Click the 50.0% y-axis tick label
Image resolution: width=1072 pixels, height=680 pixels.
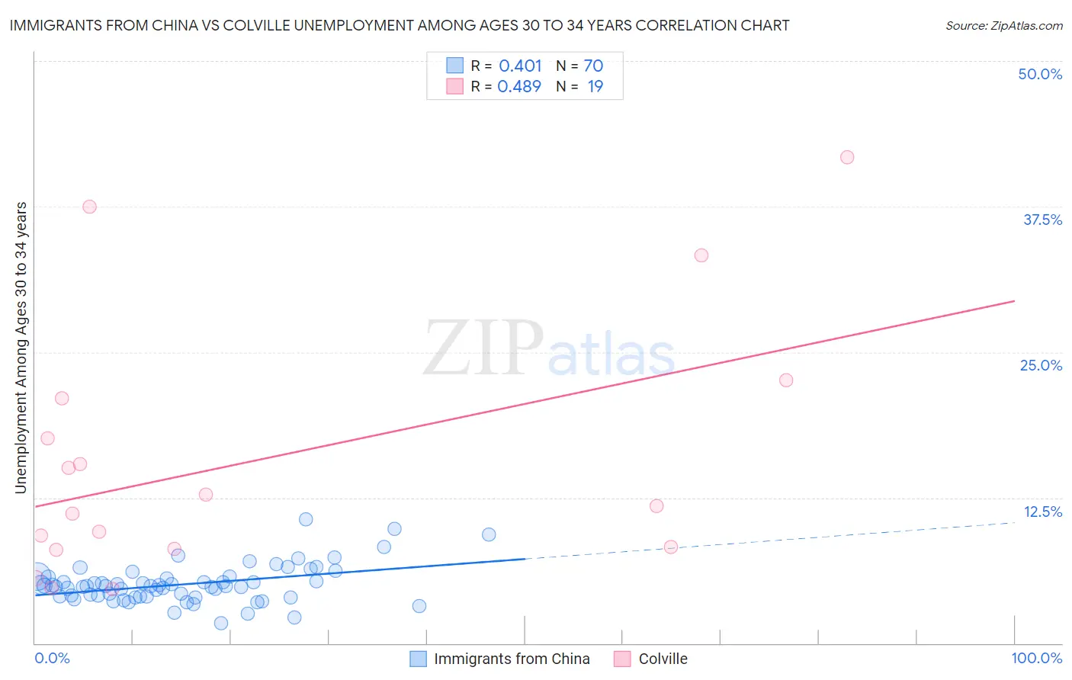pyautogui.click(x=1040, y=74)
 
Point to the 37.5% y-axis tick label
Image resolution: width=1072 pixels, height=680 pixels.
pyautogui.click(x=1042, y=220)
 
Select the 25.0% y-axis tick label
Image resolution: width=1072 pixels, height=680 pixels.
pyautogui.click(x=1041, y=365)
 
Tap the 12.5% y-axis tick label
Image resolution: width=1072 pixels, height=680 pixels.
pyautogui.click(x=1042, y=512)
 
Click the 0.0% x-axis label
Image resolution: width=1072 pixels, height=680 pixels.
pyautogui.click(x=52, y=658)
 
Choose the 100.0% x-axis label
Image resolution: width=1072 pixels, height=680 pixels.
pyautogui.click(x=1036, y=658)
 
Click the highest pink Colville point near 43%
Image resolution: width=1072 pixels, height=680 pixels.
pyautogui.click(x=847, y=157)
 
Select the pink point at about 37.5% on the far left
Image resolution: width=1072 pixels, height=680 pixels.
pyautogui.click(x=89, y=207)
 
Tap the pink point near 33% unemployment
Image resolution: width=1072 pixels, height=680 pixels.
pyautogui.click(x=701, y=255)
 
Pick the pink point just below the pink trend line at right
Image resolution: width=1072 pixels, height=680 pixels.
pyautogui.click(x=786, y=380)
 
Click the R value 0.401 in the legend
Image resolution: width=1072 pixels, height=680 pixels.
pyautogui.click(x=520, y=66)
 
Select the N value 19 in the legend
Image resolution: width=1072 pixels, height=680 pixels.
pyautogui.click(x=595, y=86)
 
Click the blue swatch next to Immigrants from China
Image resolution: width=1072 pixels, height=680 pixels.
pyautogui.click(x=418, y=659)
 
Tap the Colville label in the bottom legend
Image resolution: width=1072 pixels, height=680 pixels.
pyautogui.click(x=663, y=659)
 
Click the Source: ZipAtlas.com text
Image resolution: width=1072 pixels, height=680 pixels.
pyautogui.click(x=1003, y=25)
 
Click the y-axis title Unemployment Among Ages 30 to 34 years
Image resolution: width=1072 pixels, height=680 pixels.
pyautogui.click(x=21, y=348)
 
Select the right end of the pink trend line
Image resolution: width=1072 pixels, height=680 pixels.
pyautogui.click(x=1014, y=301)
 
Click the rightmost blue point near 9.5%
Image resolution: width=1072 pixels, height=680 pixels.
pyautogui.click(x=489, y=534)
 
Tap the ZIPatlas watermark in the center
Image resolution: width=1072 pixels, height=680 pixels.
pyautogui.click(x=549, y=348)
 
